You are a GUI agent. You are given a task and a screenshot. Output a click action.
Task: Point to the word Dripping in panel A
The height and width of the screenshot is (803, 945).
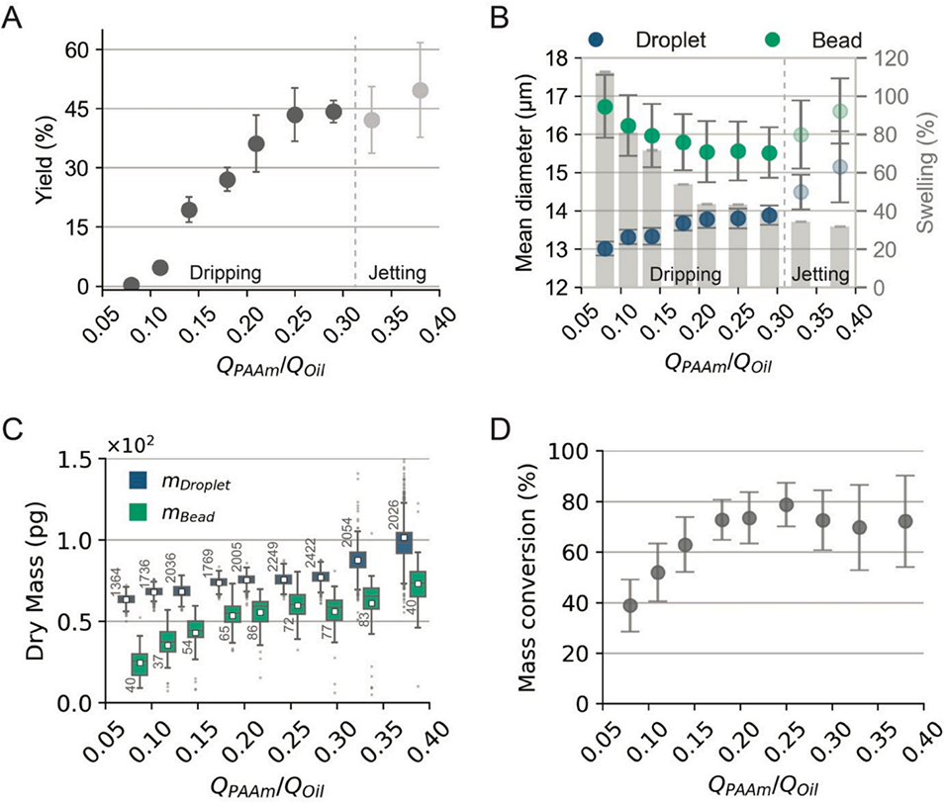[225, 271]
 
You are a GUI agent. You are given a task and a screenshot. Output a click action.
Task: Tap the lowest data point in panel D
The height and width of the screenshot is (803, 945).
[629, 605]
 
